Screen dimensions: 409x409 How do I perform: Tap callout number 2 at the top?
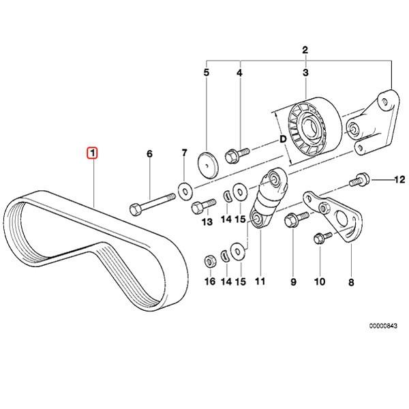tap(305, 49)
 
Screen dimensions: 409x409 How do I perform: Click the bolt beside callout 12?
tap(359, 181)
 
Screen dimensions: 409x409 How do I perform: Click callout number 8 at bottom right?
tap(352, 280)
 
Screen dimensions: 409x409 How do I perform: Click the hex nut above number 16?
tap(211, 260)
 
